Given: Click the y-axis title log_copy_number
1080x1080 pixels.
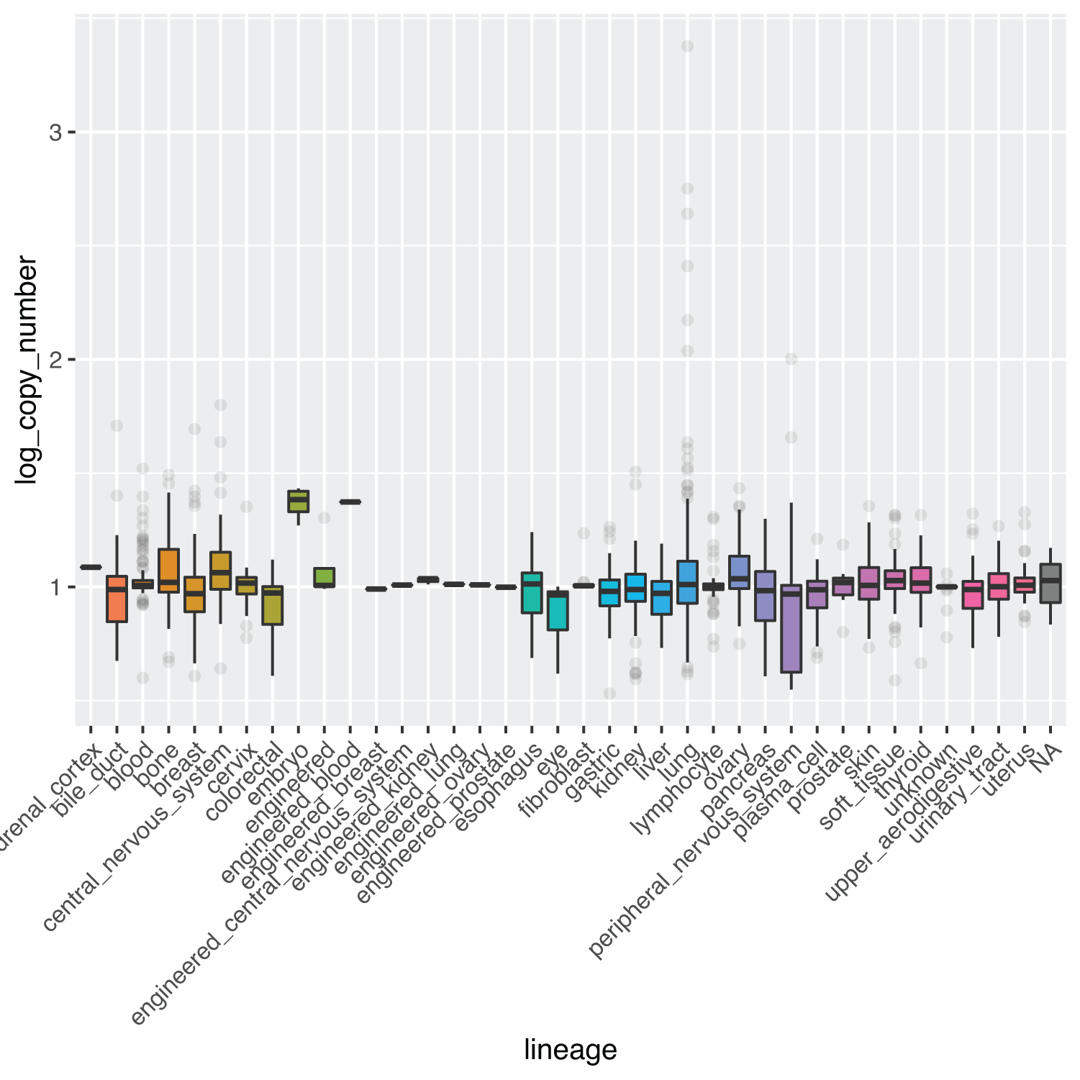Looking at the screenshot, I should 27,369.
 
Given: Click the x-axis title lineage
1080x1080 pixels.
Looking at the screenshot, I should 570,1050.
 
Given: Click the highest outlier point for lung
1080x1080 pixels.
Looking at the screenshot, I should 687,46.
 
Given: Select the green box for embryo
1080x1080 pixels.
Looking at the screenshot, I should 299,502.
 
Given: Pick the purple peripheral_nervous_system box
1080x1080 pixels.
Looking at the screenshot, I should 791,629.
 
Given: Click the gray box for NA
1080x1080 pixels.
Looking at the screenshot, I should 1050,584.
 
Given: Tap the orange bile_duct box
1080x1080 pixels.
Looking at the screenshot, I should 117,599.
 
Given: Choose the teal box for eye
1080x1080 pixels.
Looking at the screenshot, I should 558,611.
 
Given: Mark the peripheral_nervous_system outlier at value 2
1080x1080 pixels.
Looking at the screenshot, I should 791,359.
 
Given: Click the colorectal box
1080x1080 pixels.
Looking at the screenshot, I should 272,605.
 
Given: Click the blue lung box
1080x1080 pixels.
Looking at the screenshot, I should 687,582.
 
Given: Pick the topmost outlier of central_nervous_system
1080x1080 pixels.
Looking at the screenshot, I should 221,405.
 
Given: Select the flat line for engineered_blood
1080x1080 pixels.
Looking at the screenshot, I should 350,502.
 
